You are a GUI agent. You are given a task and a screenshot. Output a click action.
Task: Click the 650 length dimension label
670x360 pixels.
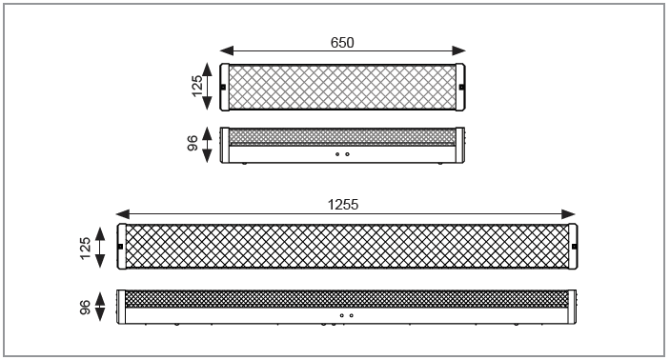click(342, 43)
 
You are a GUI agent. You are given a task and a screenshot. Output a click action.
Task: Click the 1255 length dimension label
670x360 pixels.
click(343, 205)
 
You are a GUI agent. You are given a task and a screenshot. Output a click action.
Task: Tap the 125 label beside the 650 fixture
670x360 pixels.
click(197, 87)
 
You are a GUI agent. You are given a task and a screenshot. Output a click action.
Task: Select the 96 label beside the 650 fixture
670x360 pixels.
click(193, 143)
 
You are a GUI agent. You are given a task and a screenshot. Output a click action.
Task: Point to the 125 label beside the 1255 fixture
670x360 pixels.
click(85, 249)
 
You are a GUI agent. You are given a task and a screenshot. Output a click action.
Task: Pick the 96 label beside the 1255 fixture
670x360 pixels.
click(85, 307)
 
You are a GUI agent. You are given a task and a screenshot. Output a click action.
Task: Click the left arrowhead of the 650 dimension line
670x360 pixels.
click(227, 50)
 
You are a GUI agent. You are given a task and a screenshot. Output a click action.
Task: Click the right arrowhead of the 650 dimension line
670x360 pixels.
click(458, 50)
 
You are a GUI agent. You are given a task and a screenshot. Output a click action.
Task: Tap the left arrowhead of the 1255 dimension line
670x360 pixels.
click(123, 214)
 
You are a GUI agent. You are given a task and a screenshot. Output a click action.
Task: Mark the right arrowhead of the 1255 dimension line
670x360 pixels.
click(568, 214)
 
